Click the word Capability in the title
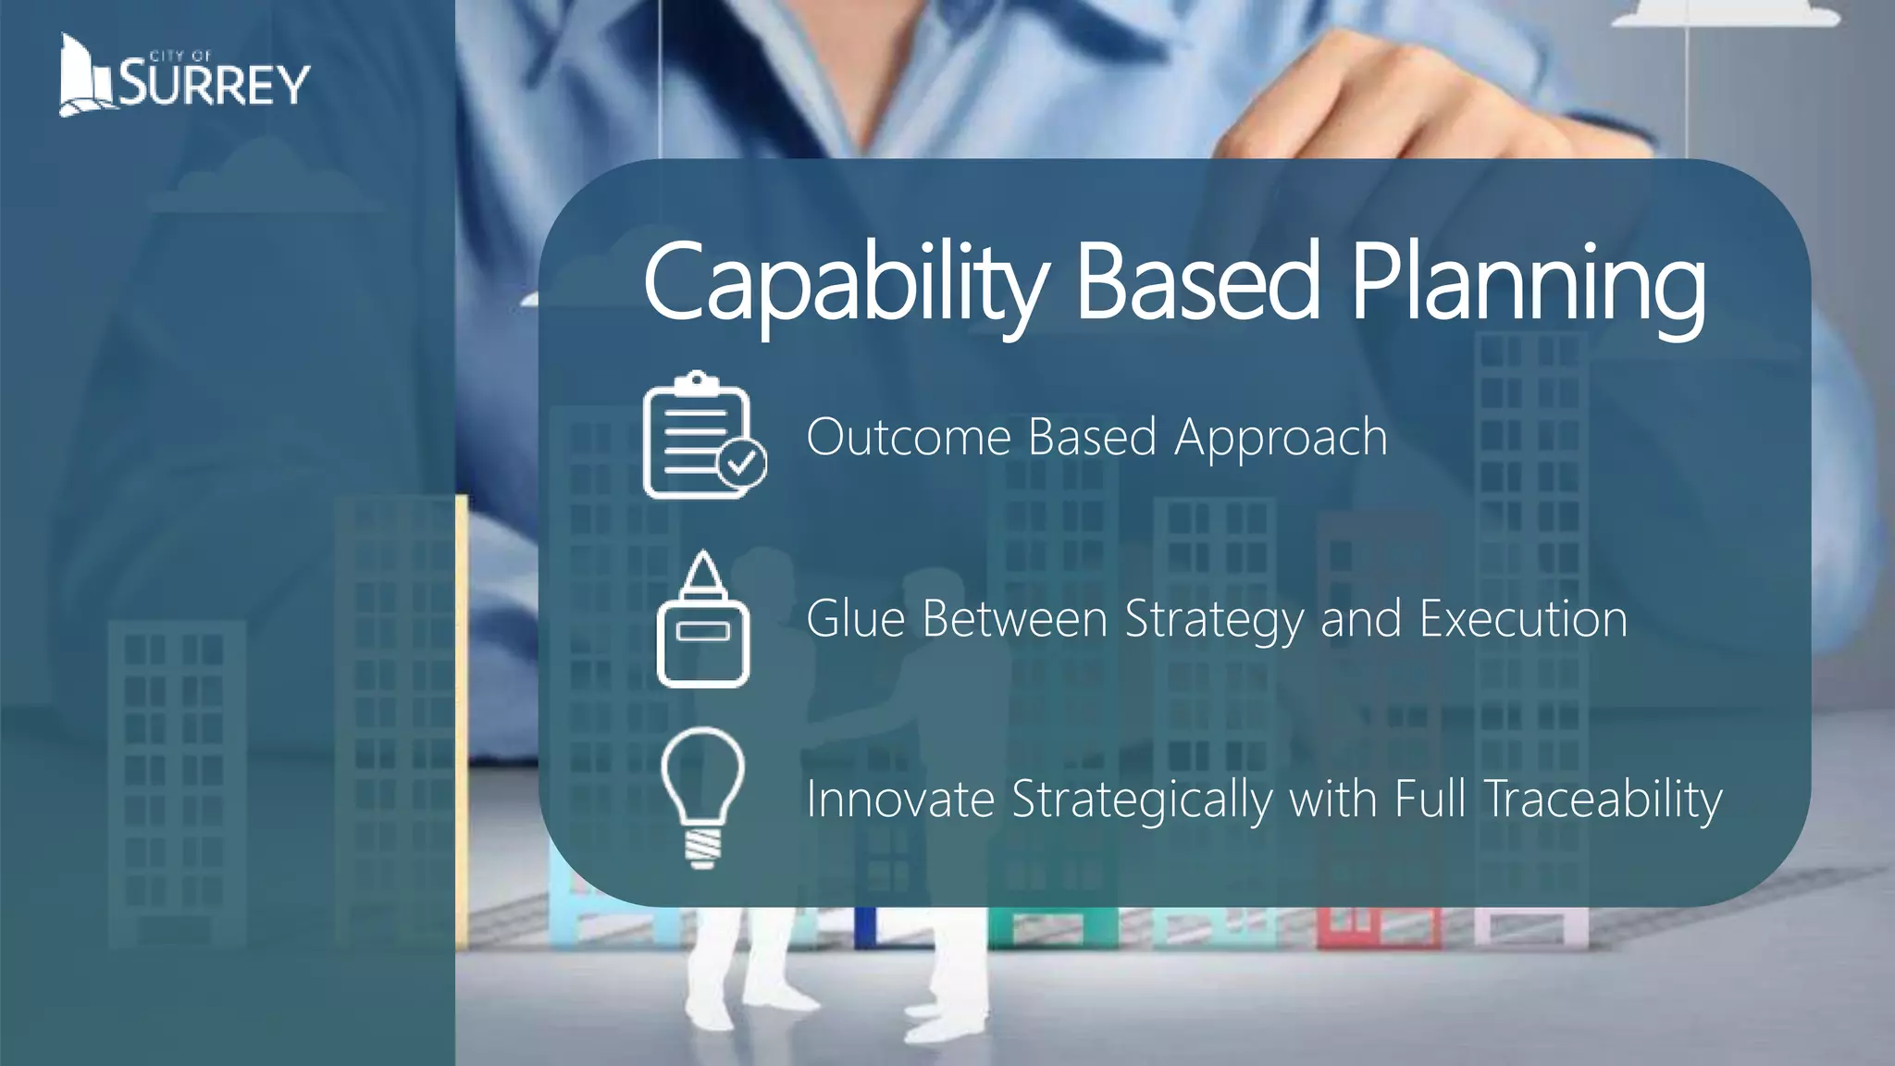(x=846, y=282)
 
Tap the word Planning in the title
(x=1528, y=282)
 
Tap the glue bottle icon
(x=703, y=620)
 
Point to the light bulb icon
(x=703, y=796)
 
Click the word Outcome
(x=908, y=437)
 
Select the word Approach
(x=1281, y=439)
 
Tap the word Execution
(x=1523, y=619)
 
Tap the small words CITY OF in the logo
(x=180, y=56)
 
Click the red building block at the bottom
(x=1378, y=925)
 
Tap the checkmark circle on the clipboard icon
(x=742, y=464)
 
